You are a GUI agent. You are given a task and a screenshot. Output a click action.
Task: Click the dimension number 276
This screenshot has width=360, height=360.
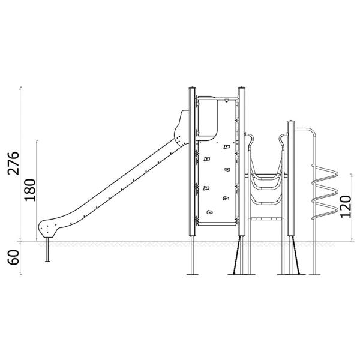(13, 163)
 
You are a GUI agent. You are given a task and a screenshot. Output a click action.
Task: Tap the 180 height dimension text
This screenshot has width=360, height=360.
(31, 190)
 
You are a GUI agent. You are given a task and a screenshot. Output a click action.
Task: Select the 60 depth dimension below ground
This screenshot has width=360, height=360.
(13, 257)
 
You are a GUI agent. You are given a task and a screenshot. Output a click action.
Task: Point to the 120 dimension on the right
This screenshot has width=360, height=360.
(346, 206)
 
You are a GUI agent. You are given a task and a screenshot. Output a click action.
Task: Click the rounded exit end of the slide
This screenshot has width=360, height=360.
(47, 228)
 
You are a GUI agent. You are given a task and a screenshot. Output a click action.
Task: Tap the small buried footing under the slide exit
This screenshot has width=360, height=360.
(47, 250)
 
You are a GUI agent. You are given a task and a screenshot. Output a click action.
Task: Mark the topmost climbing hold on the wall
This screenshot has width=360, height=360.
(226, 147)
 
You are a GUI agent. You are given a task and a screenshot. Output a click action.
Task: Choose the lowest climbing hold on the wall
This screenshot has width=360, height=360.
(209, 212)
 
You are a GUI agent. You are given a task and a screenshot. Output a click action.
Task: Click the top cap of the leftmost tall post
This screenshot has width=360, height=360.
(193, 88)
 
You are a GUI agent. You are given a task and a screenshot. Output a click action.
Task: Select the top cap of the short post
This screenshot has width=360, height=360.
(290, 121)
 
